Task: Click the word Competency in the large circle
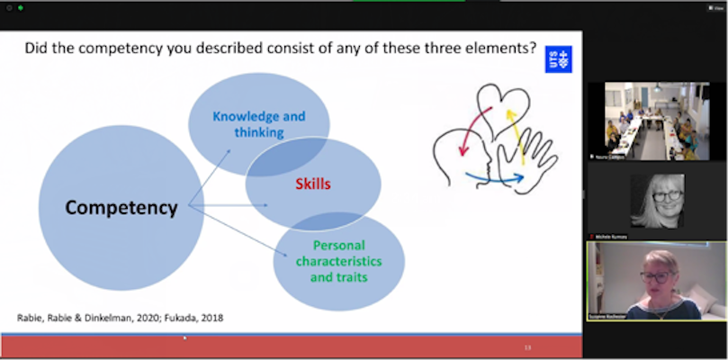121,208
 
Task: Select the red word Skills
314,184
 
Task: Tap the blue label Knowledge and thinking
258,124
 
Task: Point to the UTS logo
558,59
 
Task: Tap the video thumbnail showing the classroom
657,121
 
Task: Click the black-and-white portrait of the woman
657,201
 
